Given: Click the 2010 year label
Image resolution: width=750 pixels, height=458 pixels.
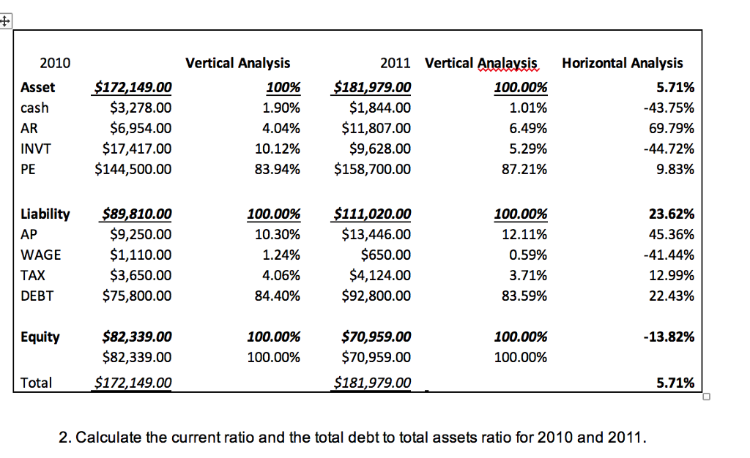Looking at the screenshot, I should tap(55, 64).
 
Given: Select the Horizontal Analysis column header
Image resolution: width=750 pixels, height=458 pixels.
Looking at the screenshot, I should tap(622, 64).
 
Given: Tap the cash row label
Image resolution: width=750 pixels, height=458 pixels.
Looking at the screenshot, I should tap(34, 108).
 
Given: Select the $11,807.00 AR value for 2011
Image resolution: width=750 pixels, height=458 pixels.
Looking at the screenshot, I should tap(376, 129).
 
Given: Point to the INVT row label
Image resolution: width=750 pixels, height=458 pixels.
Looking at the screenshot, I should tap(37, 149).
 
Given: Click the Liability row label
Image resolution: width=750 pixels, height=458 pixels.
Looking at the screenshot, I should tap(45, 214).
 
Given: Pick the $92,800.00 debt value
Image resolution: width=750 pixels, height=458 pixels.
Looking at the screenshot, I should tap(376, 296).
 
